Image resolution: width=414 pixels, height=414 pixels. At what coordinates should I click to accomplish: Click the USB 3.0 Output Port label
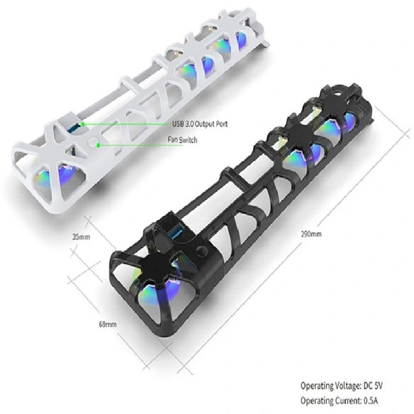(x=200, y=124)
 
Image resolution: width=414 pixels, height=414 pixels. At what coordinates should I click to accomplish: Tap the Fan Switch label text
(x=183, y=140)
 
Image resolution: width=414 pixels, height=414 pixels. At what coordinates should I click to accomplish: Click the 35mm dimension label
(x=81, y=237)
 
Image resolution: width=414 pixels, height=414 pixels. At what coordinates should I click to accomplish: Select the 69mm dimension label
(x=107, y=324)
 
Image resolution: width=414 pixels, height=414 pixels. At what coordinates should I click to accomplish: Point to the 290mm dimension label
(x=311, y=234)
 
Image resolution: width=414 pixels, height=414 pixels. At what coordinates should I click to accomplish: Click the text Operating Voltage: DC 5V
(x=342, y=386)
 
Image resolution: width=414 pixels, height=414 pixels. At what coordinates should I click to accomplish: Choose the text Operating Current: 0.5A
(x=339, y=401)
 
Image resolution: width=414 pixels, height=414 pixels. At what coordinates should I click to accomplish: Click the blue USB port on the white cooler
(x=73, y=128)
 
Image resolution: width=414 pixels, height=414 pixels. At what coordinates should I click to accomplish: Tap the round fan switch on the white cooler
(x=93, y=142)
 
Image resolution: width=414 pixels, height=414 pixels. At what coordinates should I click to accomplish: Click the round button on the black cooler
(x=203, y=251)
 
